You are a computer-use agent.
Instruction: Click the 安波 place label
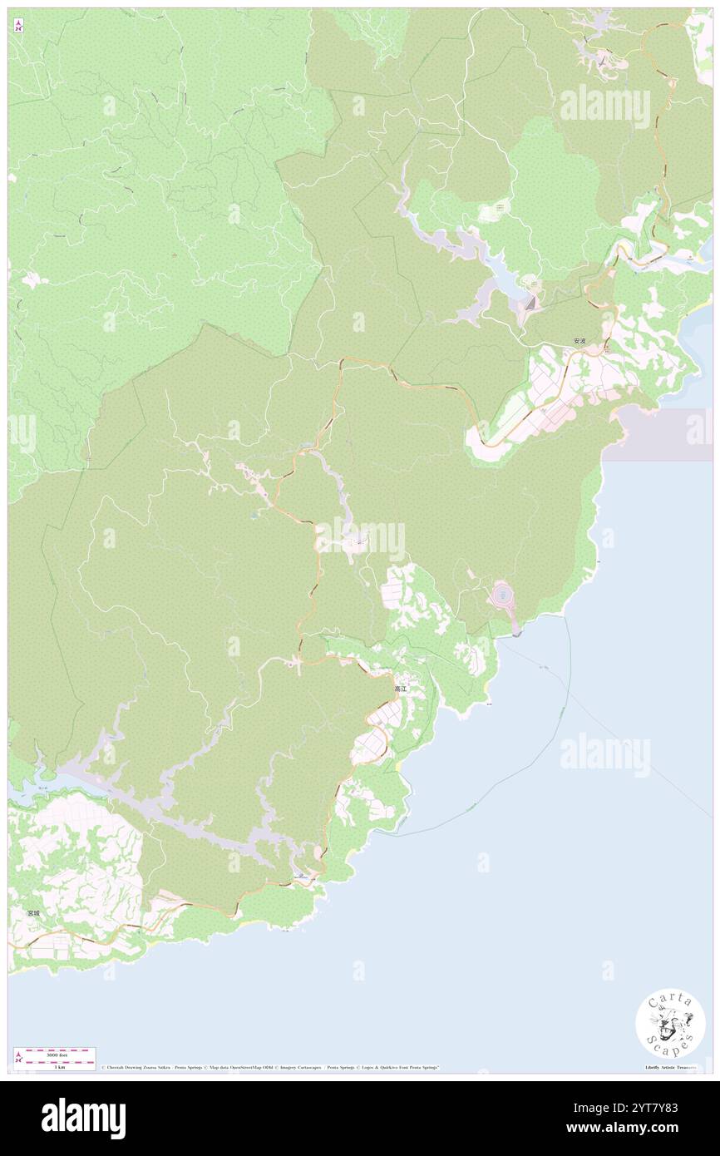579,341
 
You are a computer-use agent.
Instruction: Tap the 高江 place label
402,689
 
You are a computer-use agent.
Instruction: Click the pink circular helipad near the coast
502,595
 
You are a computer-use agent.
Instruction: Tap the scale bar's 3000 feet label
58,1054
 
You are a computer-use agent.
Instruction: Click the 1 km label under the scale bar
58,1066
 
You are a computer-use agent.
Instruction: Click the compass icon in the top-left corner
18,27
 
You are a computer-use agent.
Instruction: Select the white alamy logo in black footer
83,1119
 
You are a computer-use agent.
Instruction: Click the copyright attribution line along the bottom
270,1067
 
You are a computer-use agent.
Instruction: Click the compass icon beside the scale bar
18,1057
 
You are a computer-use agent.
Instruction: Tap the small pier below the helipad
517,635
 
